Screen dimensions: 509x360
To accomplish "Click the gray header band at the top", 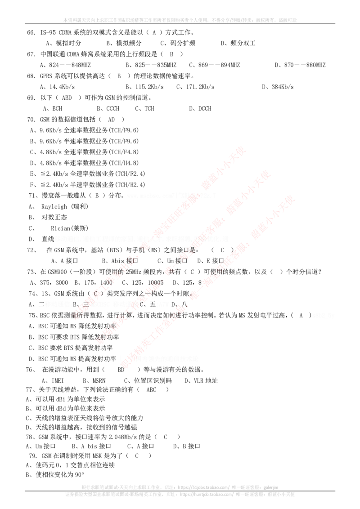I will [x=180, y=20].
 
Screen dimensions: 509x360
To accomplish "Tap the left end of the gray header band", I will [x=63, y=20].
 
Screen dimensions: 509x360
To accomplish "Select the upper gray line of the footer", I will [x=180, y=486].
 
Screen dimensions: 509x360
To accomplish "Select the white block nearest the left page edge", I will [x=58, y=304].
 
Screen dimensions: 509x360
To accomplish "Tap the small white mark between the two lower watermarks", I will [x=162, y=304].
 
